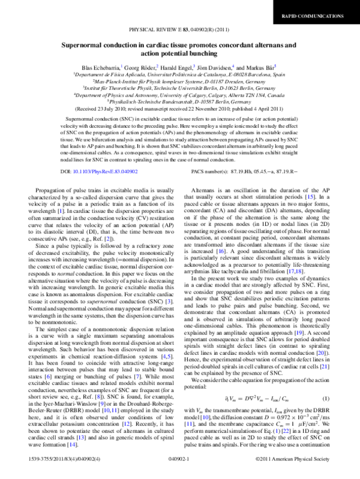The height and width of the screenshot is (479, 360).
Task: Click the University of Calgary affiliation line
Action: (180, 95)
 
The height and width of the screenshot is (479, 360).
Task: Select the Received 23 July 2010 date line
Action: (180, 109)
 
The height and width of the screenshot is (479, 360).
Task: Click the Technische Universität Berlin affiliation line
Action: (180, 88)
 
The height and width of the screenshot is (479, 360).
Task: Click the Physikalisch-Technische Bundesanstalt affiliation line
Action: (180, 101)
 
